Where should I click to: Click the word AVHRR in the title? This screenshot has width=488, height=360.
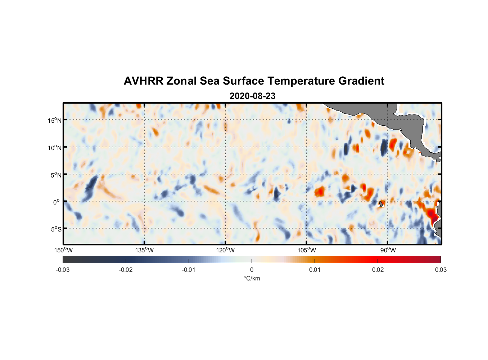pos(143,81)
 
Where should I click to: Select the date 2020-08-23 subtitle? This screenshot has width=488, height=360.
pos(252,96)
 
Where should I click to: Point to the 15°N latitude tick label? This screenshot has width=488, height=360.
pos(54,120)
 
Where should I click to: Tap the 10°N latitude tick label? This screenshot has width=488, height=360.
pos(54,148)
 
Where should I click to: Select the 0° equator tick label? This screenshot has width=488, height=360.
pos(57,202)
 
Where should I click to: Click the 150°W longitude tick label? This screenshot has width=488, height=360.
pos(63,250)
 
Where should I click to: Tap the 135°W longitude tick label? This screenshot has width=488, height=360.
pos(144,250)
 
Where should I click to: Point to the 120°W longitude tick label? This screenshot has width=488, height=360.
pos(225,250)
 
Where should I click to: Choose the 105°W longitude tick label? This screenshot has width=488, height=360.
pos(307,250)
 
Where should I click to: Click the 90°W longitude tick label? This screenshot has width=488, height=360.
pos(388,250)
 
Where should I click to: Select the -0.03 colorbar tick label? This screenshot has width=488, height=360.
pos(63,270)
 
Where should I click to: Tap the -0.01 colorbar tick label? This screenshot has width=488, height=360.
pos(189,270)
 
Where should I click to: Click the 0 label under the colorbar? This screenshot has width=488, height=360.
pos(252,270)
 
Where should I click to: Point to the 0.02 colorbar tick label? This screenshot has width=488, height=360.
pos(378,270)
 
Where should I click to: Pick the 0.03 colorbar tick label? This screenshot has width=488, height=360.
pos(440,270)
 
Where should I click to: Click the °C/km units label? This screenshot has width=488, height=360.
pos(252,278)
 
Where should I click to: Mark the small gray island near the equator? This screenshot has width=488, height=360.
pos(381,204)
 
